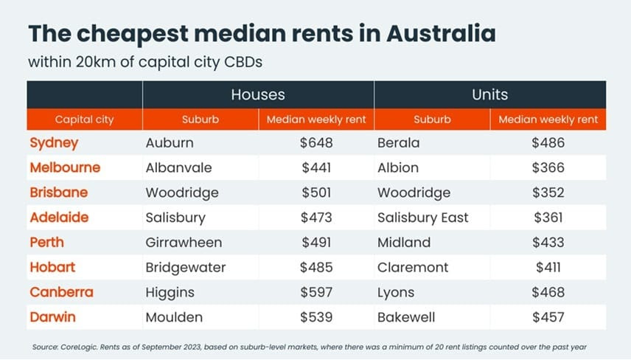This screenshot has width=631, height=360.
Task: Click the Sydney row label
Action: (54, 142)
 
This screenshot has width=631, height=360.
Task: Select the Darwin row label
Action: (54, 317)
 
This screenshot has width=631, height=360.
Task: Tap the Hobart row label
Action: (53, 267)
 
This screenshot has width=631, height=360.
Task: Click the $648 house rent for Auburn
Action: (316, 142)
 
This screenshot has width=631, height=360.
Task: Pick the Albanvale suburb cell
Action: (178, 167)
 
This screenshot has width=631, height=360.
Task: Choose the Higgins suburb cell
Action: (170, 292)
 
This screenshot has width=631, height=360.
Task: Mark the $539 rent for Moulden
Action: (316, 317)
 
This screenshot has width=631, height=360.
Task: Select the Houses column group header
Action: (257, 94)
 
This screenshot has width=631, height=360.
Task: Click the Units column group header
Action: (489, 94)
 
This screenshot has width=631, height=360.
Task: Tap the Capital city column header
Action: (85, 119)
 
